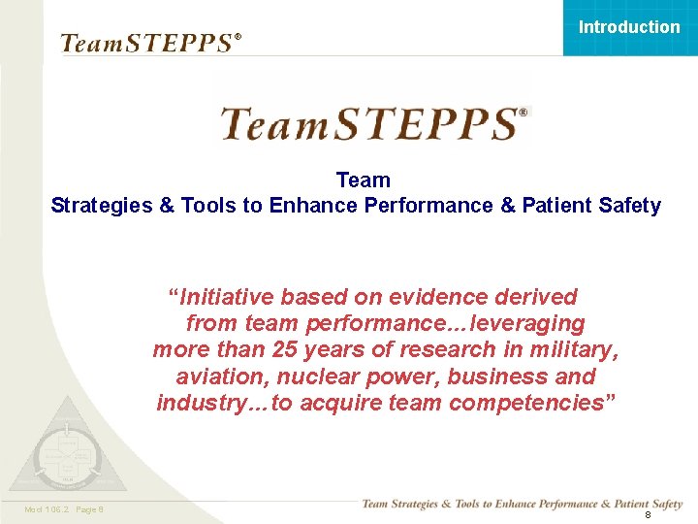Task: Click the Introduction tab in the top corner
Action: coord(629,27)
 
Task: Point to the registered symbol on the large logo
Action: coord(523,113)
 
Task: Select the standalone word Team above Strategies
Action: coord(364,180)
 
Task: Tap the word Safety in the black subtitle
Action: coord(630,205)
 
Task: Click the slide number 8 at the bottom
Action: coord(648,515)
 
